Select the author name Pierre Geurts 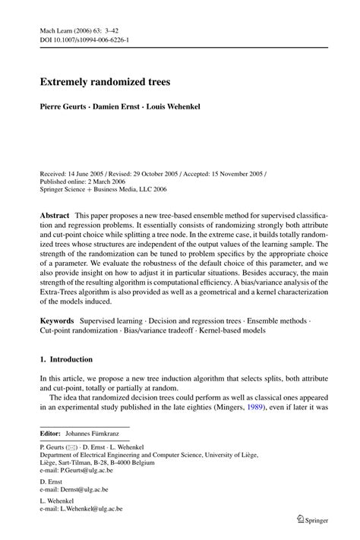coord(68,107)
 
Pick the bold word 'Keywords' coord(58,322)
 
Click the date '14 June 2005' coord(90,173)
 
